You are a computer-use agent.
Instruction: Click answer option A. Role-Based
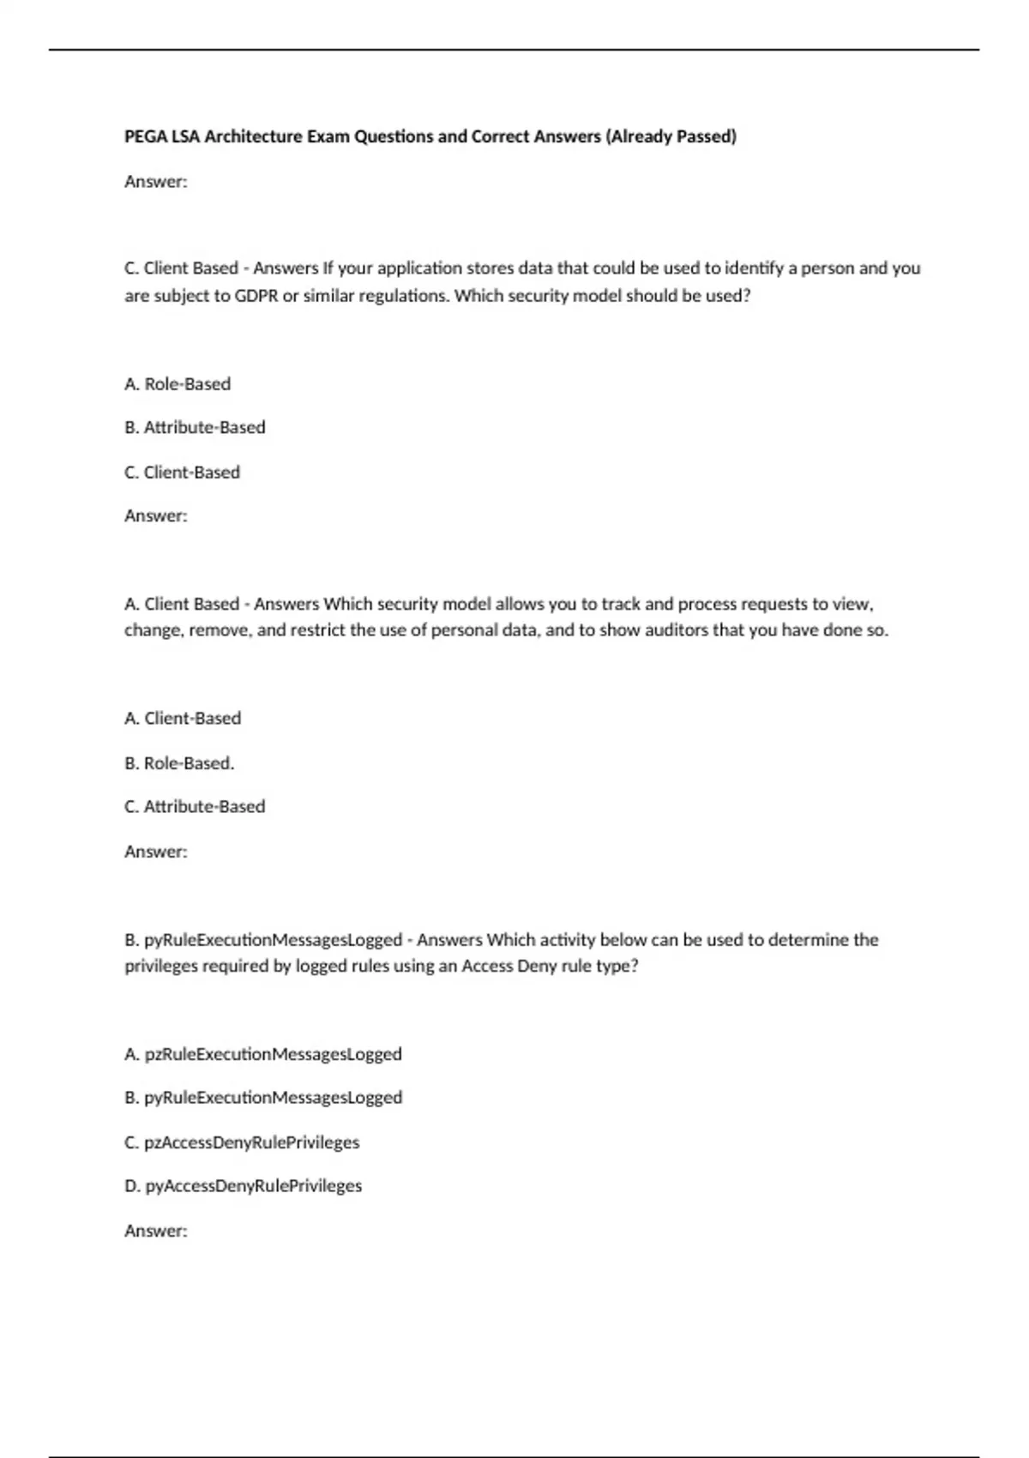tap(178, 384)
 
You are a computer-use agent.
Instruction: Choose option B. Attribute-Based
tap(195, 427)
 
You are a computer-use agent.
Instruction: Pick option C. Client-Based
tap(182, 473)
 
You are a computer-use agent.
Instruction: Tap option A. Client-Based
tap(183, 719)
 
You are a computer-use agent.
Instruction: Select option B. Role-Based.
tap(179, 763)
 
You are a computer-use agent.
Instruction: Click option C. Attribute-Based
tap(195, 807)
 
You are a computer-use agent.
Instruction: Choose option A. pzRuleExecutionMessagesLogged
tap(263, 1054)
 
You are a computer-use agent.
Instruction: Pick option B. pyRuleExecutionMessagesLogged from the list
tap(263, 1098)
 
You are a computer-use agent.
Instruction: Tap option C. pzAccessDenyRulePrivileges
tap(242, 1142)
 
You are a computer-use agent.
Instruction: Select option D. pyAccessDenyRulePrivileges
tap(244, 1186)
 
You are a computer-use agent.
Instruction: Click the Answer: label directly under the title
tap(156, 182)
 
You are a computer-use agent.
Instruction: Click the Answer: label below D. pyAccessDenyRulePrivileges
tap(156, 1231)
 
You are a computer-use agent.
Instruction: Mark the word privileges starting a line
tap(161, 967)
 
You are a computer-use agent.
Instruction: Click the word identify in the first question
tap(753, 268)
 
